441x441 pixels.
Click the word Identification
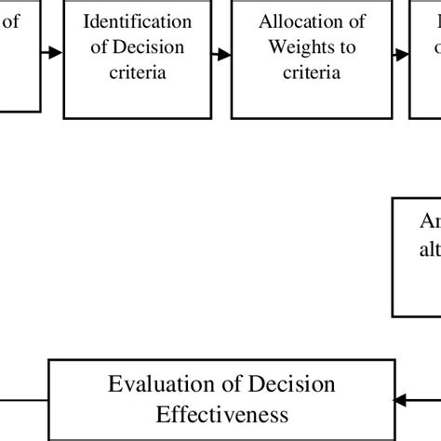click(x=138, y=20)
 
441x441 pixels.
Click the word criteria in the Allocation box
click(x=312, y=71)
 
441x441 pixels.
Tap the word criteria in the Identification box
click(x=138, y=71)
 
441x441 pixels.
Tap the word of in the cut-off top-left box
click(x=11, y=20)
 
